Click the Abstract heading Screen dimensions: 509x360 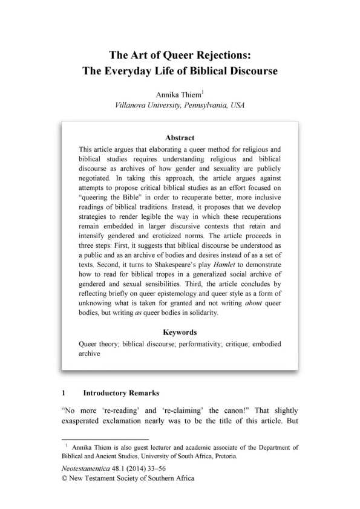pyautogui.click(x=180, y=138)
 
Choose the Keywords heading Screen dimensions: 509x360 pyautogui.click(x=180, y=332)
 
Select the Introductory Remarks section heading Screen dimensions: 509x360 pyautogui.click(x=121, y=392)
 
